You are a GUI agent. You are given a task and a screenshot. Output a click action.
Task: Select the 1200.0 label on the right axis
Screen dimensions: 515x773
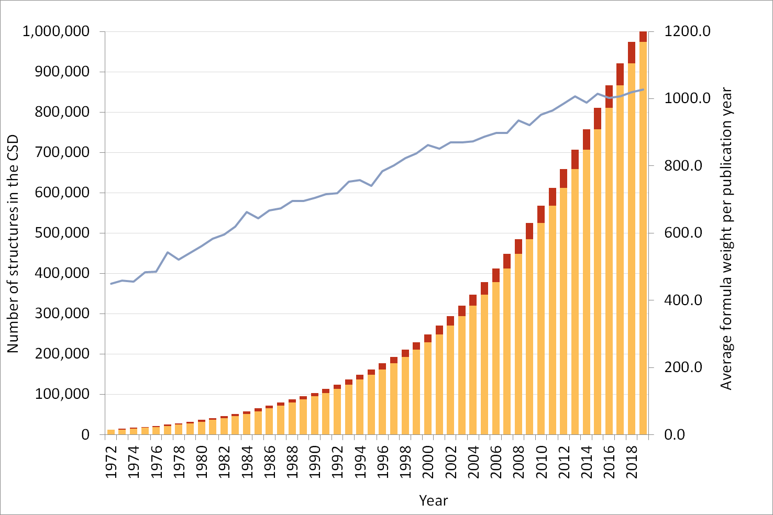(687, 31)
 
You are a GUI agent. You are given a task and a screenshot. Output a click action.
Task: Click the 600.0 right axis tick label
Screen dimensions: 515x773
(683, 233)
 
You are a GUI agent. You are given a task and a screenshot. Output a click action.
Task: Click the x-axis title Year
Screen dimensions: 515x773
(433, 501)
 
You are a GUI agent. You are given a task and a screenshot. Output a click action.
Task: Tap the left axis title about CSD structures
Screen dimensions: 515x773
(13, 243)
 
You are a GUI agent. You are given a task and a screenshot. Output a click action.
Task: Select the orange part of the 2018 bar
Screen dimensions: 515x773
(632, 251)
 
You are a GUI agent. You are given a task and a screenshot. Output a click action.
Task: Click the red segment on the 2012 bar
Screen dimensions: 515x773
(564, 178)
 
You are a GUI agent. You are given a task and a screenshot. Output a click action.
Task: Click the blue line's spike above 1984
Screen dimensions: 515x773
(247, 212)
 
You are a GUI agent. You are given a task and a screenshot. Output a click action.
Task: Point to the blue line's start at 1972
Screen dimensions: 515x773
(111, 284)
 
